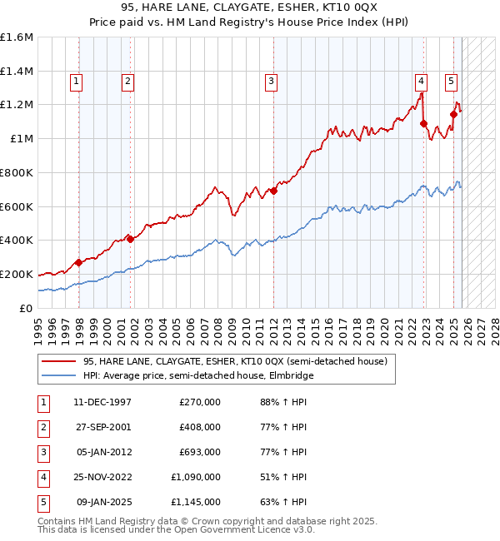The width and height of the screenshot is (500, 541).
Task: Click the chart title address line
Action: [x=250, y=7]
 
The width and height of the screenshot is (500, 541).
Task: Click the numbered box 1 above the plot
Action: [x=76, y=81]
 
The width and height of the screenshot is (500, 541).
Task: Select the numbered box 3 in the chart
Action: [x=272, y=81]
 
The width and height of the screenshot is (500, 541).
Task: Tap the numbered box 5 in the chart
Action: [x=451, y=81]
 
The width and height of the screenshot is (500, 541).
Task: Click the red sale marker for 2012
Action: [x=273, y=191]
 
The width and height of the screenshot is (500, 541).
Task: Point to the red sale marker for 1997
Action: [x=78, y=262]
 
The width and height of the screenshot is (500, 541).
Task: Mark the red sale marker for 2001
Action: [x=129, y=239]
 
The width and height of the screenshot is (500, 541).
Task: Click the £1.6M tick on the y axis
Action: [x=17, y=37]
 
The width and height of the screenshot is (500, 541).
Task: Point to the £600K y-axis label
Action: [x=17, y=206]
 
